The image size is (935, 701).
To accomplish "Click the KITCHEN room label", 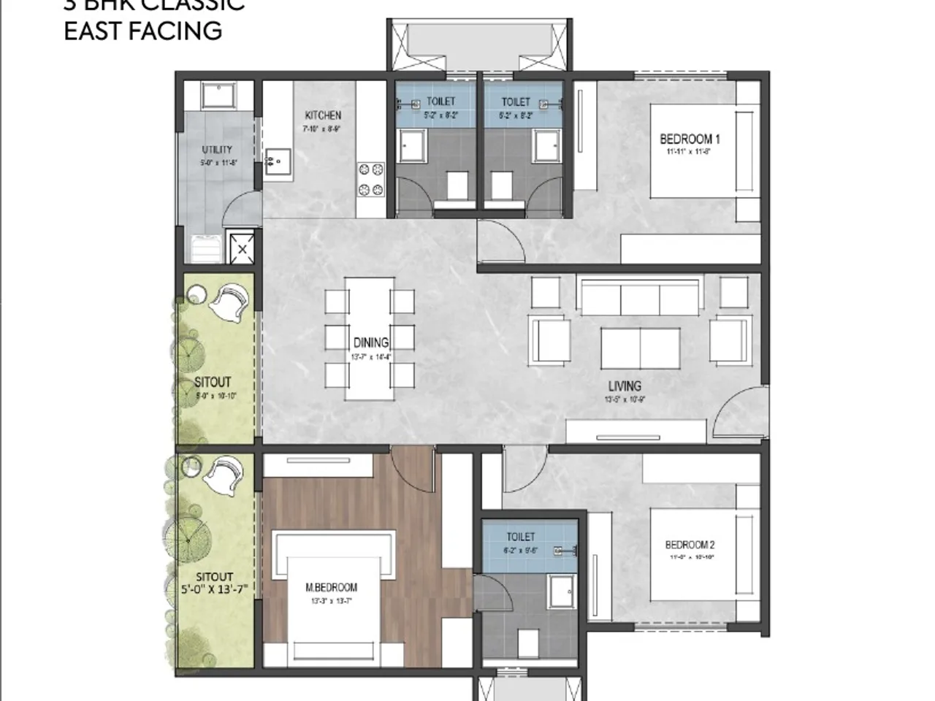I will [x=323, y=115].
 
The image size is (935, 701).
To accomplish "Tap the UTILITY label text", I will [x=217, y=150].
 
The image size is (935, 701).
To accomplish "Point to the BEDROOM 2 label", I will [x=690, y=544].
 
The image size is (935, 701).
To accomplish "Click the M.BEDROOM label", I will [x=332, y=587].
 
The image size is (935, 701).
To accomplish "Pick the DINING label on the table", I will [x=371, y=342].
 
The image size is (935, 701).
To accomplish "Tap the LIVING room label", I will [x=625, y=386].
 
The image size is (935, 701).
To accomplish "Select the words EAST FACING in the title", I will [x=143, y=31].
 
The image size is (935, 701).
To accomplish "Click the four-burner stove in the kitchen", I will [x=370, y=180].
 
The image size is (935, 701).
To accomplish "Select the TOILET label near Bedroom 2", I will [x=520, y=537].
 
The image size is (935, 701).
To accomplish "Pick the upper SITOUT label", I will [x=213, y=382].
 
